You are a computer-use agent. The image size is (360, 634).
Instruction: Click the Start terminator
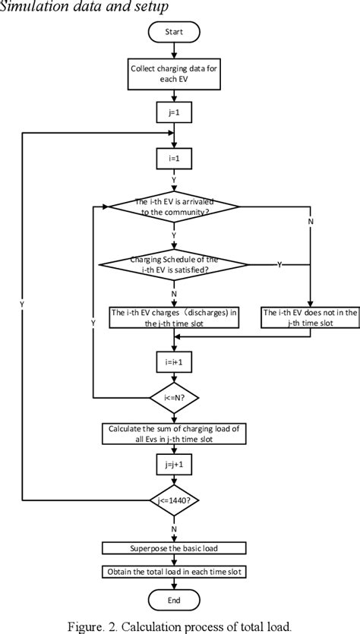click(x=175, y=33)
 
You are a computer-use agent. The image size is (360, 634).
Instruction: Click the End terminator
click(x=175, y=599)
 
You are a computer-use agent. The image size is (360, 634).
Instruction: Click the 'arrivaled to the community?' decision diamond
click(x=175, y=207)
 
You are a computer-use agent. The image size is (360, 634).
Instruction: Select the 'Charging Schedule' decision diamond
click(x=175, y=264)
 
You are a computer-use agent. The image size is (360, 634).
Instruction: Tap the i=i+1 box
click(x=175, y=363)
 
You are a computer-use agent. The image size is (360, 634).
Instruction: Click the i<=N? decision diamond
click(x=175, y=397)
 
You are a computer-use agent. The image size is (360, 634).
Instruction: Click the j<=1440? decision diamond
click(x=175, y=500)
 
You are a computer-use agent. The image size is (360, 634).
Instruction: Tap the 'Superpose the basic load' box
click(x=175, y=547)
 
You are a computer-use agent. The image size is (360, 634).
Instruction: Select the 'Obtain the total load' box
click(x=175, y=570)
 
